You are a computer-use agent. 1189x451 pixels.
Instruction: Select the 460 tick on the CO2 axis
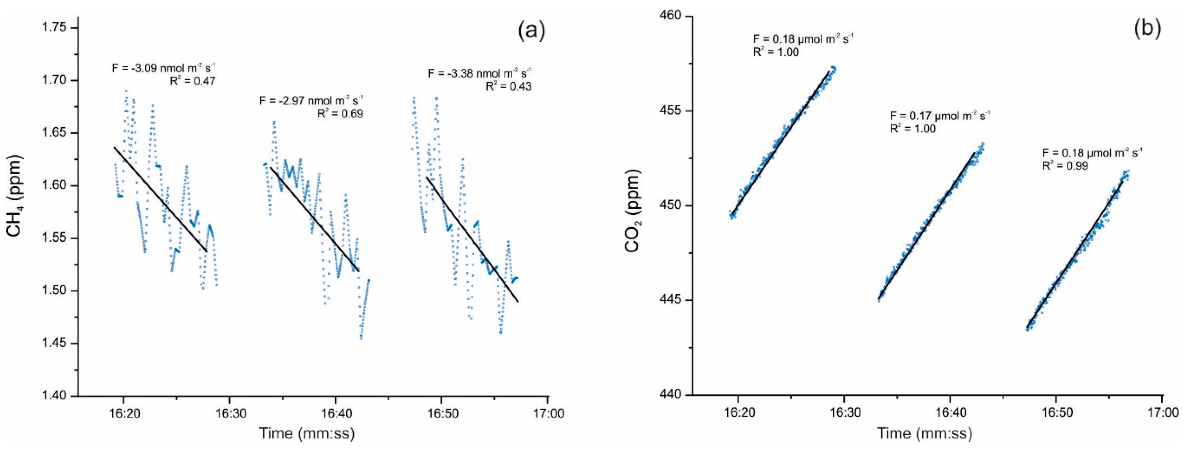pos(669,16)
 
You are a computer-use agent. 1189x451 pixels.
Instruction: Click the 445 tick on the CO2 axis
pos(669,300)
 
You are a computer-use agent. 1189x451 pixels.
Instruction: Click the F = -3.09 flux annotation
pos(164,68)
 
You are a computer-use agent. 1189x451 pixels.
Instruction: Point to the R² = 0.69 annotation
pos(340,113)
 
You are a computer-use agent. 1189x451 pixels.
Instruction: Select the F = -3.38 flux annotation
pos(480,73)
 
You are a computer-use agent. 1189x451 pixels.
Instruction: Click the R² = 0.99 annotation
pos(1065,165)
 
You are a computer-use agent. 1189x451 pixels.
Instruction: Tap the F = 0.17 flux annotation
pos(940,115)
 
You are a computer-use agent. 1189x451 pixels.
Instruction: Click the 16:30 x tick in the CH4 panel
pos(229,413)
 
